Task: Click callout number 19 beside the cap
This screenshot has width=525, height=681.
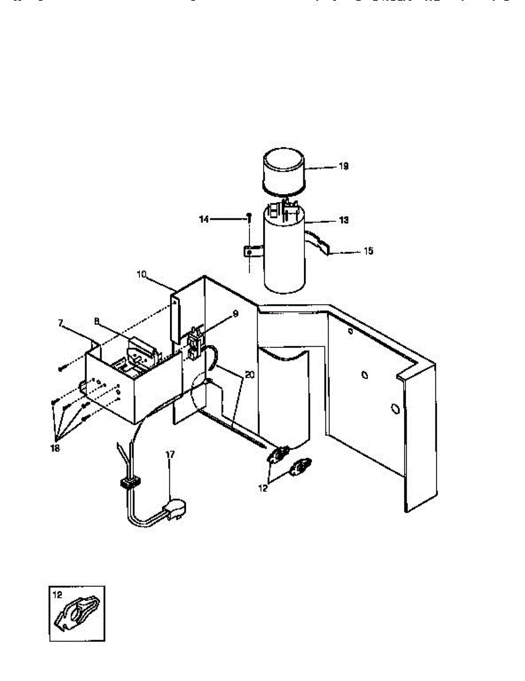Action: pos(344,166)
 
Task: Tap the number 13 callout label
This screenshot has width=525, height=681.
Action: pos(344,220)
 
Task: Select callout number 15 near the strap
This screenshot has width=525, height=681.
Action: pos(369,250)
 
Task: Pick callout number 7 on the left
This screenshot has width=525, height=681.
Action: pos(61,322)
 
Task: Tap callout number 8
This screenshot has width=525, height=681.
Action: pos(98,321)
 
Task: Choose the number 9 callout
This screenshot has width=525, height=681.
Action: pos(235,313)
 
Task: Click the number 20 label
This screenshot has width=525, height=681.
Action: pos(249,375)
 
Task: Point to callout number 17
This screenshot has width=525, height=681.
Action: pos(170,454)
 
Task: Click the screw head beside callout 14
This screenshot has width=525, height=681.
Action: pos(248,216)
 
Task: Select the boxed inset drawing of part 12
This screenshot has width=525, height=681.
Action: pos(77,613)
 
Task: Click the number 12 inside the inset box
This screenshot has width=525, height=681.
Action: pos(57,595)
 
